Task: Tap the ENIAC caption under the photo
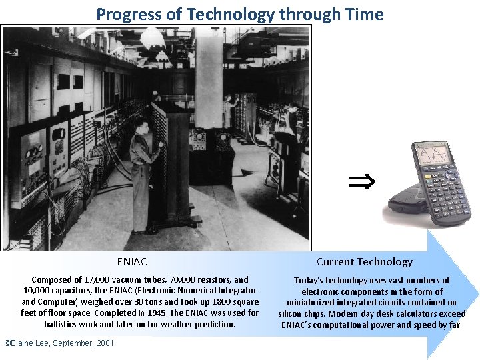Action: point(132,262)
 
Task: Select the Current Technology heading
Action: point(364,262)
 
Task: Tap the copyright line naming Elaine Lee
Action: point(59,343)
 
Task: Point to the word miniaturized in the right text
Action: point(317,303)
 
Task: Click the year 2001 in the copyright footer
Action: point(105,343)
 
